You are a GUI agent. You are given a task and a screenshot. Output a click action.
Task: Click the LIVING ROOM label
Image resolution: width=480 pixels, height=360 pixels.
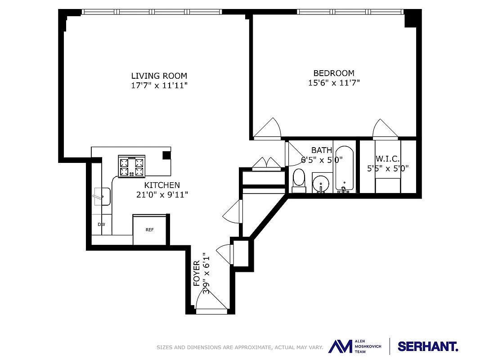(159, 76)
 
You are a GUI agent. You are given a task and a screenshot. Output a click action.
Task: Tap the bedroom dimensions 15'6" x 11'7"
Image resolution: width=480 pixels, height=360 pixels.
(334, 83)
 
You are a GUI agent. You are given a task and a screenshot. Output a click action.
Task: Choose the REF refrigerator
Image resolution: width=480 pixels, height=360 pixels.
(149, 230)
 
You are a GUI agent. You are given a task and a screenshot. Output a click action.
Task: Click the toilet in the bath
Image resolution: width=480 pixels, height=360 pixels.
(299, 179)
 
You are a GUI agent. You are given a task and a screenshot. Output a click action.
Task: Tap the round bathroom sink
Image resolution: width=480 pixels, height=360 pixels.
(321, 183)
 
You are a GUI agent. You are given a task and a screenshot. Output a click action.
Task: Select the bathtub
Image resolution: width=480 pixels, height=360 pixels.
(344, 169)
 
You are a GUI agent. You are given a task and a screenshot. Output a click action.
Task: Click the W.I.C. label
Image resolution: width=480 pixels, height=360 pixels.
(387, 159)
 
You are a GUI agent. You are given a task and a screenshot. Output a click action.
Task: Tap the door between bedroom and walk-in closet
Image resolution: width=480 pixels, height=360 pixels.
(385, 129)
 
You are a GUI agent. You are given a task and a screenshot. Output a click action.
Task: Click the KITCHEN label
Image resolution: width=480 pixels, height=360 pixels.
(162, 185)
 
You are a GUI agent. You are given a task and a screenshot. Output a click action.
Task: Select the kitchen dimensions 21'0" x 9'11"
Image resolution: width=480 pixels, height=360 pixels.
(162, 195)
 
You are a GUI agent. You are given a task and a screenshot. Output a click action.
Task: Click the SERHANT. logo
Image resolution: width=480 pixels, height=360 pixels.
(428, 346)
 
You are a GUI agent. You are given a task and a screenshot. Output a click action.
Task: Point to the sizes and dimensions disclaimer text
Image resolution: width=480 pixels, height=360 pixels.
(239, 347)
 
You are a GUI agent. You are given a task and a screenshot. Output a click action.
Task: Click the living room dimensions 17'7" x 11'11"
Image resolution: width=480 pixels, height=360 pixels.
(159, 85)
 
